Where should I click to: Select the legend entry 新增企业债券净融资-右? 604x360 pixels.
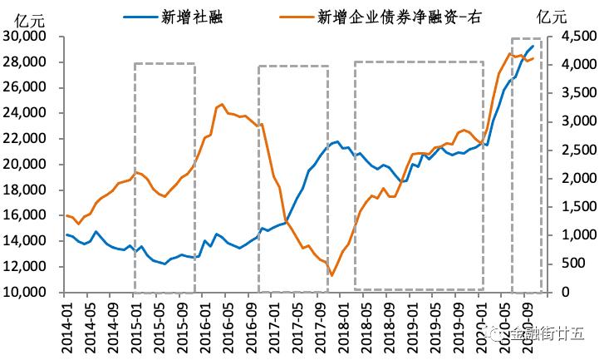400,15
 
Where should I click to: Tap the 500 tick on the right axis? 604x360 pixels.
574,264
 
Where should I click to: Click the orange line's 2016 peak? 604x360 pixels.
220,104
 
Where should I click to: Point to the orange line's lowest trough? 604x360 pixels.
331,275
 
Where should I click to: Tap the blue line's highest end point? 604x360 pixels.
533,46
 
